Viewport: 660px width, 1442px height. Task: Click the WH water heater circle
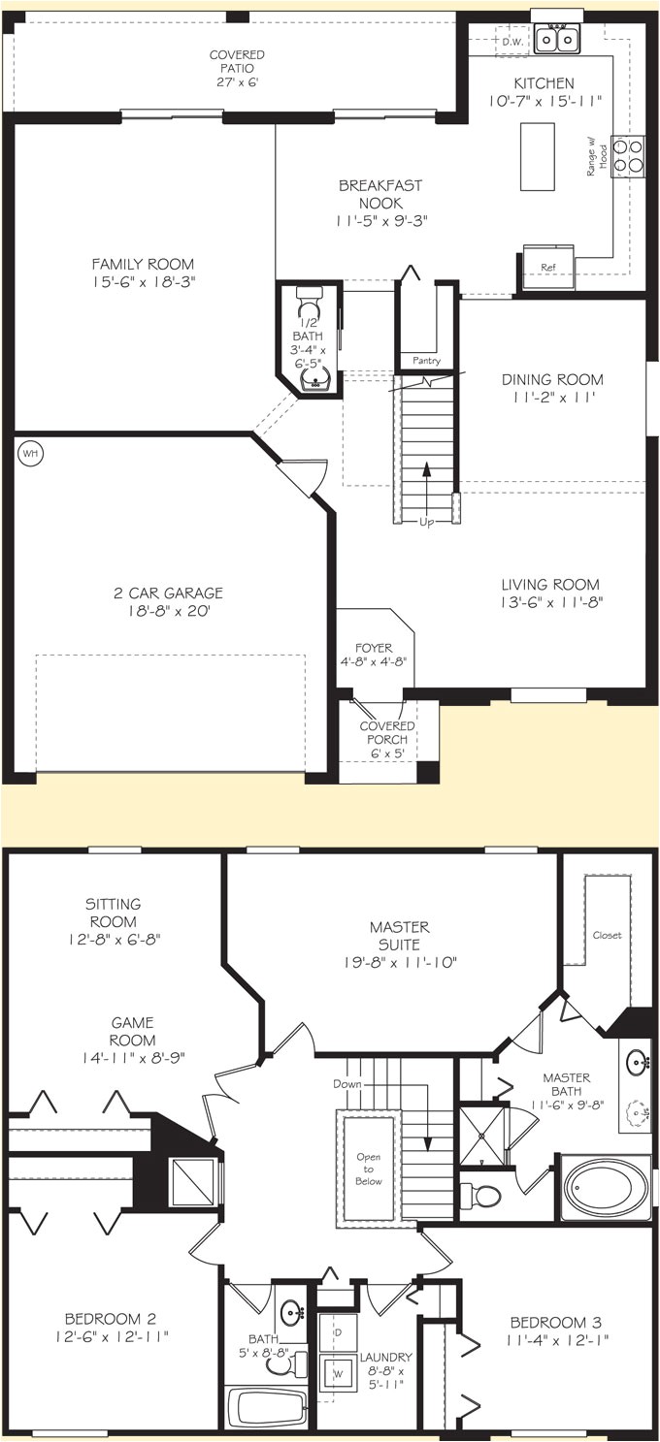[x=30, y=453]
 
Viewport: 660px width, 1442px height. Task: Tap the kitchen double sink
[x=557, y=39]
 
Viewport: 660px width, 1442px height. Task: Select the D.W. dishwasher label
[x=511, y=41]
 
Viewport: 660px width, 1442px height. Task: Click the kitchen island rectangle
[x=537, y=156]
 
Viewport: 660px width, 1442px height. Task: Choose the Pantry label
[x=426, y=361]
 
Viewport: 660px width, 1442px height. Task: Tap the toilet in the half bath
[x=309, y=296]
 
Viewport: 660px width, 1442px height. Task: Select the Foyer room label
[x=373, y=649]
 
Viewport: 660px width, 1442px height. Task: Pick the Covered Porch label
[x=387, y=734]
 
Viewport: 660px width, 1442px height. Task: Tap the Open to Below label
[x=369, y=1168]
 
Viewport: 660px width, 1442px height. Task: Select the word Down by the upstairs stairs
[x=346, y=1082]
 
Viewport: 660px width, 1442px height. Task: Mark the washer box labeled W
[x=339, y=1374]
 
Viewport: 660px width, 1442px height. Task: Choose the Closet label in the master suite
[x=607, y=936]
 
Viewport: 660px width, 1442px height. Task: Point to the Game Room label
[x=133, y=1023]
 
